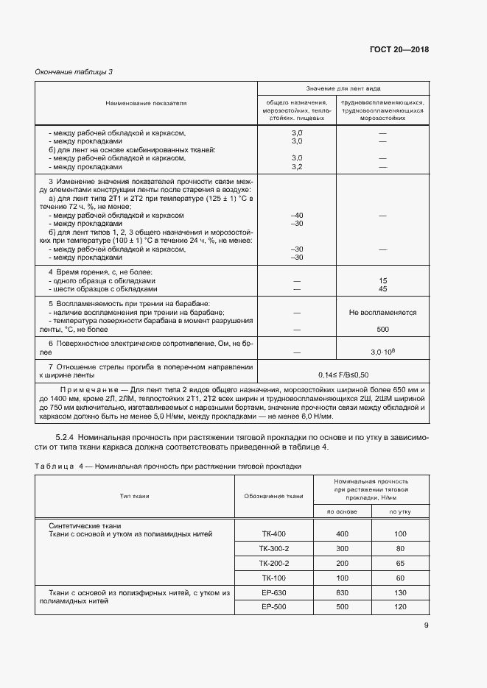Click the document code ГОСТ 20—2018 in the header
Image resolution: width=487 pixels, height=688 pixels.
[x=399, y=50]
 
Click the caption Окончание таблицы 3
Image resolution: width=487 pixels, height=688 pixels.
[x=74, y=71]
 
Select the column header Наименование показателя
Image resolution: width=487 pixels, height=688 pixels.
[x=146, y=103]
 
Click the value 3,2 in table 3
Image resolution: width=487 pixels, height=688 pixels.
[x=298, y=166]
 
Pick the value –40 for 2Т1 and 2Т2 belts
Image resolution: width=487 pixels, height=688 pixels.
[x=298, y=215]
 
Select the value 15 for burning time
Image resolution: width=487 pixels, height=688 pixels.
[x=382, y=281]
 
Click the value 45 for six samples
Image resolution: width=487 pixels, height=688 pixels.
[x=382, y=289]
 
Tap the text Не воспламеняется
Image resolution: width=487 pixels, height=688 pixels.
[x=382, y=313]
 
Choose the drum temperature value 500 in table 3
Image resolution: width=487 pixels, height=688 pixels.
[x=382, y=329]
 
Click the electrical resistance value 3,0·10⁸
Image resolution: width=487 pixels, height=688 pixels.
[x=382, y=352]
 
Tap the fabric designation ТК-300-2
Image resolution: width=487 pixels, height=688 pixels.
[x=274, y=548]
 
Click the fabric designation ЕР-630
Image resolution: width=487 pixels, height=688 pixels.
[x=274, y=592]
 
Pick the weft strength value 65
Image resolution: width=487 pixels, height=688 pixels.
[x=400, y=563]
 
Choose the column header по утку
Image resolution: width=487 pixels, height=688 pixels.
[x=400, y=511]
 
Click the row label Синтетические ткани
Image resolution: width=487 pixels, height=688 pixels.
[x=84, y=525]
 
